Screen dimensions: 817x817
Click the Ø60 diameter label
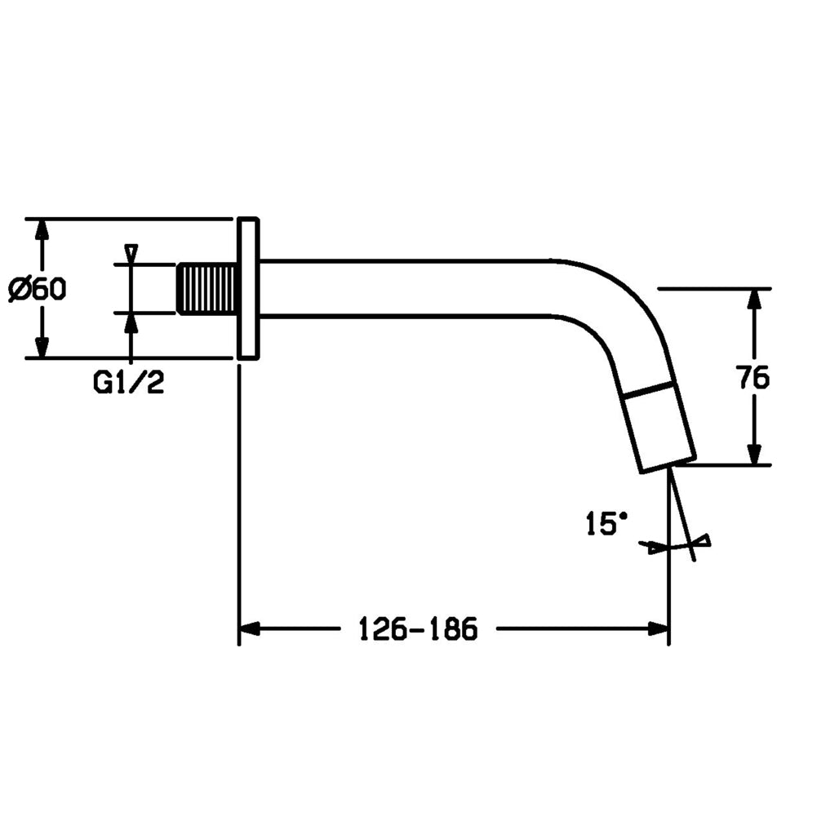38,289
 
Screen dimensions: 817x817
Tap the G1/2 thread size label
128,383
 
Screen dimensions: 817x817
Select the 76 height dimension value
753,377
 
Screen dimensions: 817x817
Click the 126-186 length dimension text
418,629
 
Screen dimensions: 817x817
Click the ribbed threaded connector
208,289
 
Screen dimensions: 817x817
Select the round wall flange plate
248,289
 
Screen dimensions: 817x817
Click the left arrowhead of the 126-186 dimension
250,628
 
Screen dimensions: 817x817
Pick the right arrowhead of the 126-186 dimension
658,628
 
